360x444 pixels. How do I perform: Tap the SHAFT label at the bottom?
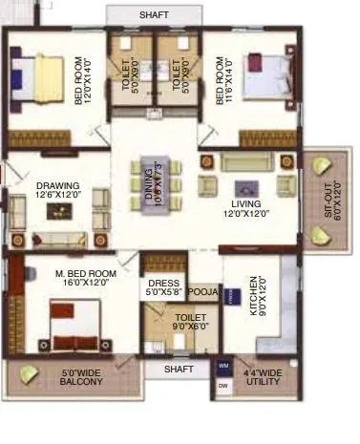tap(178, 369)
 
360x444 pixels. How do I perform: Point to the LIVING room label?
tap(239, 209)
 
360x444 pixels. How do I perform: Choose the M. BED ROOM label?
tap(85, 278)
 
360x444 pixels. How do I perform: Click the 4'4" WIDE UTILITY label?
tap(262, 377)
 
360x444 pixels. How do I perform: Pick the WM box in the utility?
tap(222, 366)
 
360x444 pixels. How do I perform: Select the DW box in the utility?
tap(222, 386)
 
